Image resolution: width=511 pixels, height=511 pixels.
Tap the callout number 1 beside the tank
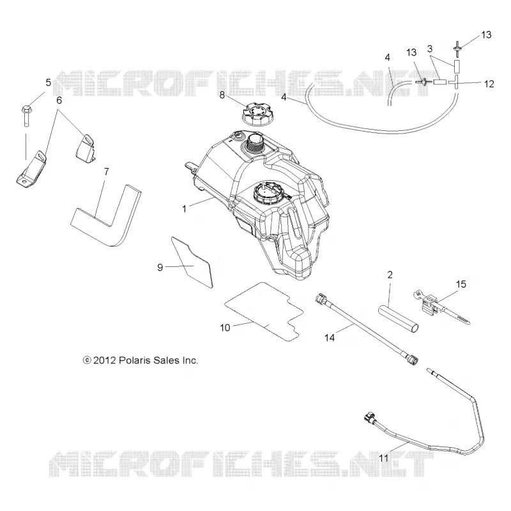[x=184, y=209]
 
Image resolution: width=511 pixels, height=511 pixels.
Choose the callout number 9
[x=160, y=268]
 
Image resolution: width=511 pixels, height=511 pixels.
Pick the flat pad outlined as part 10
[x=263, y=312]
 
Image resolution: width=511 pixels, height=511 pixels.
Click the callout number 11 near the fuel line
[x=384, y=458]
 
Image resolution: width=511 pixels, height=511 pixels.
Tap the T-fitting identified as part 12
[x=456, y=82]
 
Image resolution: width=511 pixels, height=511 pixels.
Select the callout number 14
[x=330, y=338]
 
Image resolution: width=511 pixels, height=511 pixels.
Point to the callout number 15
[x=461, y=284]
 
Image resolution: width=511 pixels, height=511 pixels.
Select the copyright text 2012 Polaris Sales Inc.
[x=141, y=360]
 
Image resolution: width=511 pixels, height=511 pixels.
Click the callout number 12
[x=489, y=84]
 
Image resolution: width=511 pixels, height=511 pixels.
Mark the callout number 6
[x=59, y=100]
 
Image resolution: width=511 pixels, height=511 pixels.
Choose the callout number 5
[x=49, y=82]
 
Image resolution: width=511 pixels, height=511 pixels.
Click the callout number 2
[x=390, y=275]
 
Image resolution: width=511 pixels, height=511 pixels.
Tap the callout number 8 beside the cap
[x=222, y=95]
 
